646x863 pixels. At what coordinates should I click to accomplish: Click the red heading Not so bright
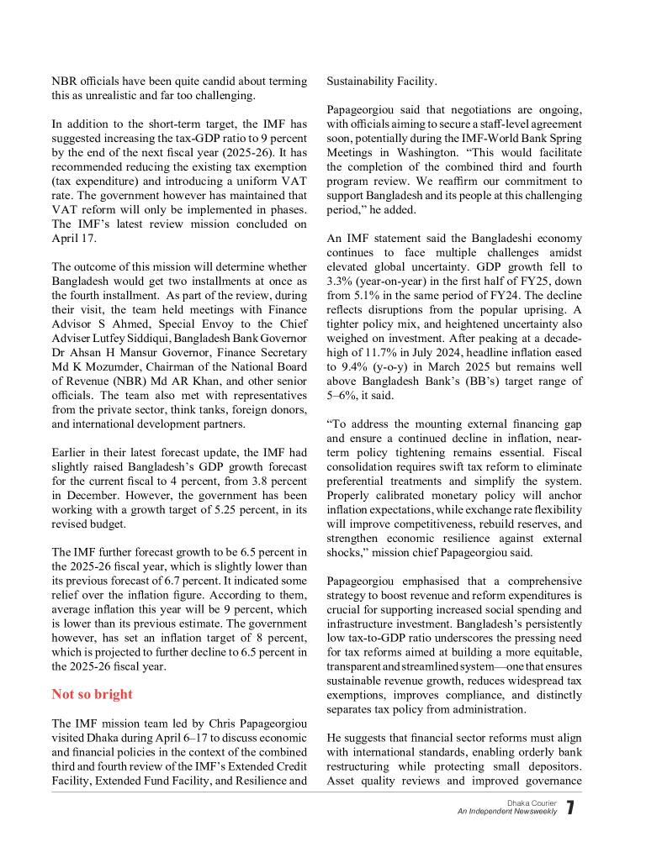pos(92,694)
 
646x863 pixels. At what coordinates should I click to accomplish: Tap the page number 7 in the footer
pos(571,808)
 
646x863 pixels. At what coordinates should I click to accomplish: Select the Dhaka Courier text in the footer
pos(532,803)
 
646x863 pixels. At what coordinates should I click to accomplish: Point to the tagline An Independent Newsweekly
pos(506,812)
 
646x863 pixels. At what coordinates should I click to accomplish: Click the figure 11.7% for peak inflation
pos(384,353)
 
